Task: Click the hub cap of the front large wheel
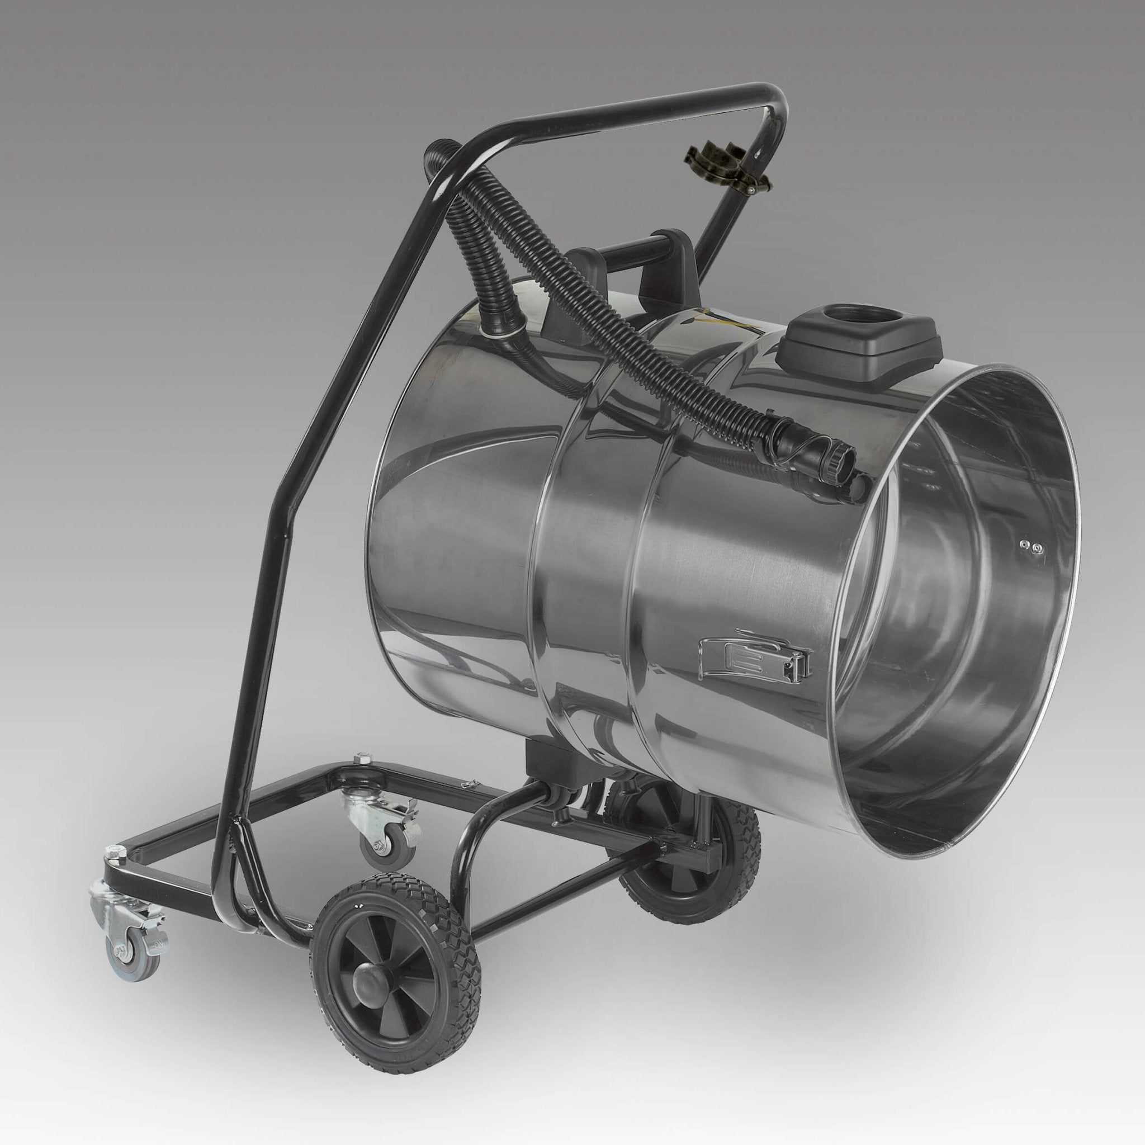coord(367,985)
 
